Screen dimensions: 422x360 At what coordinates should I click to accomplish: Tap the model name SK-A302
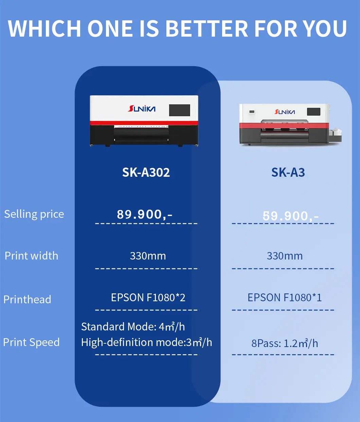146,172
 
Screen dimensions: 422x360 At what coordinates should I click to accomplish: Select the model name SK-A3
288,172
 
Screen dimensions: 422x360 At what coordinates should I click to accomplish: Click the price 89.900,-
145,214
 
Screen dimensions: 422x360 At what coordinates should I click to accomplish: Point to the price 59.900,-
291,216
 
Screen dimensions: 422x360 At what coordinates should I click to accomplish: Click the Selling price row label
34,214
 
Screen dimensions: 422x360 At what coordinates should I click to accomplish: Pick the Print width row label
31,256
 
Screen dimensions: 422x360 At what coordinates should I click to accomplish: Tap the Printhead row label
27,300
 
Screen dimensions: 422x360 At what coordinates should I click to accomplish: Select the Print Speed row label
31,342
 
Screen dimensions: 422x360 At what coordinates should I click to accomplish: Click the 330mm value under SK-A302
148,256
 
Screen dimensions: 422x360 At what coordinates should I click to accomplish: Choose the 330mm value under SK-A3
285,256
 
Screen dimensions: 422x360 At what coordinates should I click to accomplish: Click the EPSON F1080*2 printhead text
148,298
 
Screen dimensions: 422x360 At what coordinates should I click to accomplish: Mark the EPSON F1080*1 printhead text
285,298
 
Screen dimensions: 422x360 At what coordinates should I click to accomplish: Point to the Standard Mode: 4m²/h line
133,327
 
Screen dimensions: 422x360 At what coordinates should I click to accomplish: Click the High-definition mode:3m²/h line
146,342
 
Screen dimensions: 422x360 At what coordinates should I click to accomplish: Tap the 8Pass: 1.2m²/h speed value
285,343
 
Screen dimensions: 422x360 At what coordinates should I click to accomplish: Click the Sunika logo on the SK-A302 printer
142,109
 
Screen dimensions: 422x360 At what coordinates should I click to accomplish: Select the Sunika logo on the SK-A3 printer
285,112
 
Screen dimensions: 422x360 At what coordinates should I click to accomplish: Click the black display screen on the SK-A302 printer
179,110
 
